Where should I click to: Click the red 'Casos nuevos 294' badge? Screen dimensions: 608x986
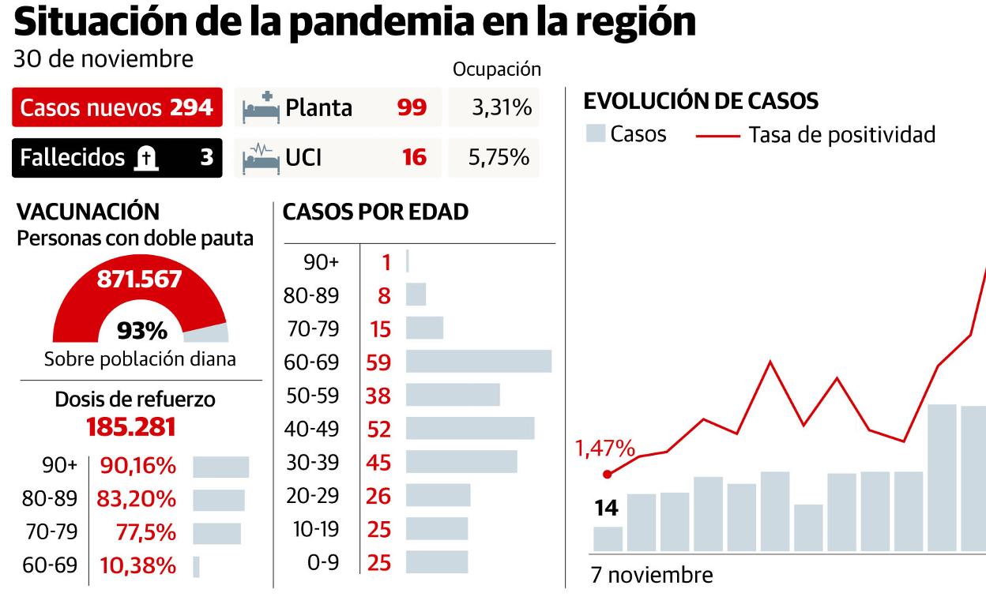117,108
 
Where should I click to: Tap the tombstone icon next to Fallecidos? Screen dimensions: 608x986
145,158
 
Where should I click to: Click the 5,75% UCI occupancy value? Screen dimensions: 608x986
499,158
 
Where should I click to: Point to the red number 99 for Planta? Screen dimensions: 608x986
412,108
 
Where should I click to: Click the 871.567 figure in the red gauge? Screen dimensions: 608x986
139,279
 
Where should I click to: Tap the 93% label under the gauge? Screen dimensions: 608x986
141,330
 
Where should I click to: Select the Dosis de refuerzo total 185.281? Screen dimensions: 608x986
130,427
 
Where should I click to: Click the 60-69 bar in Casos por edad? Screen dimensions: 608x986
479,362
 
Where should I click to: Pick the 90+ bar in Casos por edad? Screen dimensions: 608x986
408,261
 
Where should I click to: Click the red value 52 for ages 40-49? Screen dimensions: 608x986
379,429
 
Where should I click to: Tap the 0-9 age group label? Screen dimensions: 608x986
322,563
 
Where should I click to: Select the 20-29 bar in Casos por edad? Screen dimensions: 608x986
438,496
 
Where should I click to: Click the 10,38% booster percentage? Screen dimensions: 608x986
138,566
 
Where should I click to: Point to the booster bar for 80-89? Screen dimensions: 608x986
219,500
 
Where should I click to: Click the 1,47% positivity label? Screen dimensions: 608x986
604,449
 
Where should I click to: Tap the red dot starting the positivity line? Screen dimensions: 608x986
608,474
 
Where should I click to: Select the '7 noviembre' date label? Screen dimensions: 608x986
652,575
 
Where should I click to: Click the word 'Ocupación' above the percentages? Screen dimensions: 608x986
496,69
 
